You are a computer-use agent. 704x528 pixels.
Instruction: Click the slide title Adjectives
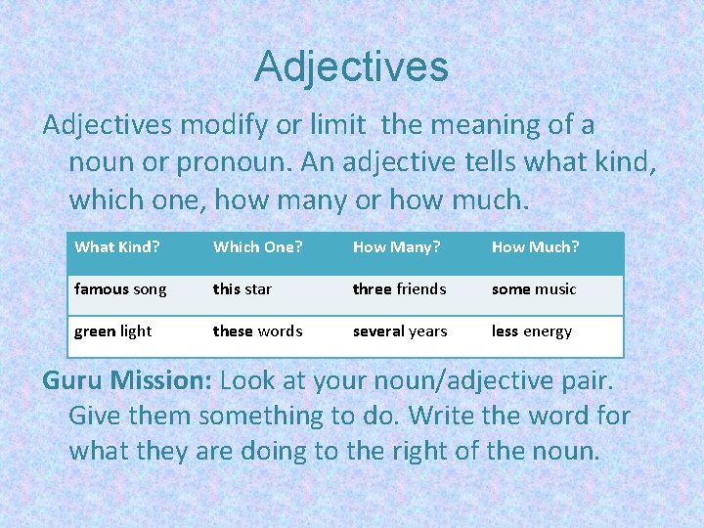(x=351, y=67)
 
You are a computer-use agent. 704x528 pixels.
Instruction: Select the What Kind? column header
(x=116, y=247)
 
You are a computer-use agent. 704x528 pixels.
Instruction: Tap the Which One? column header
(x=255, y=247)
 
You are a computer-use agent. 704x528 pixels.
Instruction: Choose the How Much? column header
(x=535, y=247)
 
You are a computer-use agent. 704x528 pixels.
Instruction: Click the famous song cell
(x=120, y=289)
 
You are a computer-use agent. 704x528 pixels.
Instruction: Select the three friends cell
(x=399, y=289)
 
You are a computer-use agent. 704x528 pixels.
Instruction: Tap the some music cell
(x=534, y=289)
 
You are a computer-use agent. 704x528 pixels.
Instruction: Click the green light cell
(x=113, y=331)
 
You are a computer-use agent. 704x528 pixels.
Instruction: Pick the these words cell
(x=258, y=331)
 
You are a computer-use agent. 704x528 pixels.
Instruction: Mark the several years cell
(x=400, y=331)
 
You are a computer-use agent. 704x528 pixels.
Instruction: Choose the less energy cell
(x=532, y=331)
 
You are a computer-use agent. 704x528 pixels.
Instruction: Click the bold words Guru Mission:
(x=128, y=380)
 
